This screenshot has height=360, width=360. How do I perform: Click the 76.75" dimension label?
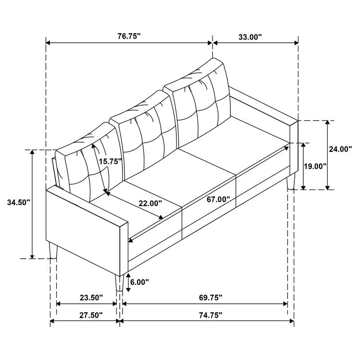[129, 37]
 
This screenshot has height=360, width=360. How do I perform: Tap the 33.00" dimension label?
[249, 37]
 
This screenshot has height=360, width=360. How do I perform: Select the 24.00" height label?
[340, 149]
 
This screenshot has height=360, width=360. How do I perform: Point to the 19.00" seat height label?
[315, 166]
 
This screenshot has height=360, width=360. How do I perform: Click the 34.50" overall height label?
[18, 203]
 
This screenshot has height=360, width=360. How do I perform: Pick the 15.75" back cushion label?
[111, 162]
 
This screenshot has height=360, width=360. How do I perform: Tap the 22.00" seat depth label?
[150, 203]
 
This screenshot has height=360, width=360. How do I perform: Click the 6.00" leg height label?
[139, 282]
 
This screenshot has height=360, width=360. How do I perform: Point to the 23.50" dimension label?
[91, 297]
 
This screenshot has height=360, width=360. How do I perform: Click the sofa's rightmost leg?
[291, 183]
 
